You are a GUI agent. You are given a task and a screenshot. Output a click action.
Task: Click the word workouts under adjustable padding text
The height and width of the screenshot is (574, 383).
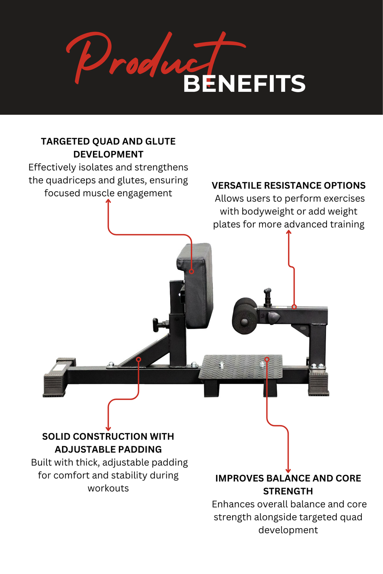(108, 488)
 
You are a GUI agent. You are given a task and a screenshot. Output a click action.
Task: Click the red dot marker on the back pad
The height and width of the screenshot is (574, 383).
(191, 272)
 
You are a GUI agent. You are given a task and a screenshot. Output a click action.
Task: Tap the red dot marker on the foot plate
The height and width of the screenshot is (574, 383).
(267, 359)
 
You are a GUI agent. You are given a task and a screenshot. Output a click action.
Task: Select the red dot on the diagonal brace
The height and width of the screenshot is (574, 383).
(139, 359)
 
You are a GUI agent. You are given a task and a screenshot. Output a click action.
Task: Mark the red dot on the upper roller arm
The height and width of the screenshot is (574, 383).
(294, 307)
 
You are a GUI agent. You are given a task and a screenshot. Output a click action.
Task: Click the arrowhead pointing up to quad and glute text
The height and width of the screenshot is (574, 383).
(108, 201)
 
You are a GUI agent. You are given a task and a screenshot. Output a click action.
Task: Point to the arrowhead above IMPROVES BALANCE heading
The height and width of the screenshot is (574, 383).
(288, 471)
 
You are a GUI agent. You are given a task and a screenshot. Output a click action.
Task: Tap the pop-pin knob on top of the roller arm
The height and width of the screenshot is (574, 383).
(268, 296)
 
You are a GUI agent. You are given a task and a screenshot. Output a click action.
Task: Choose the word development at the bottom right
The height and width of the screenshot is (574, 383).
(288, 530)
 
